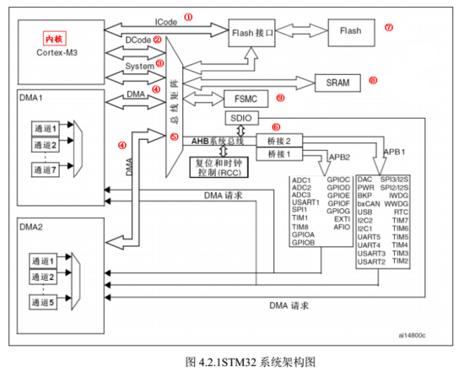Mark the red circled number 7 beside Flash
[389, 27]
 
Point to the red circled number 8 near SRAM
[372, 82]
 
